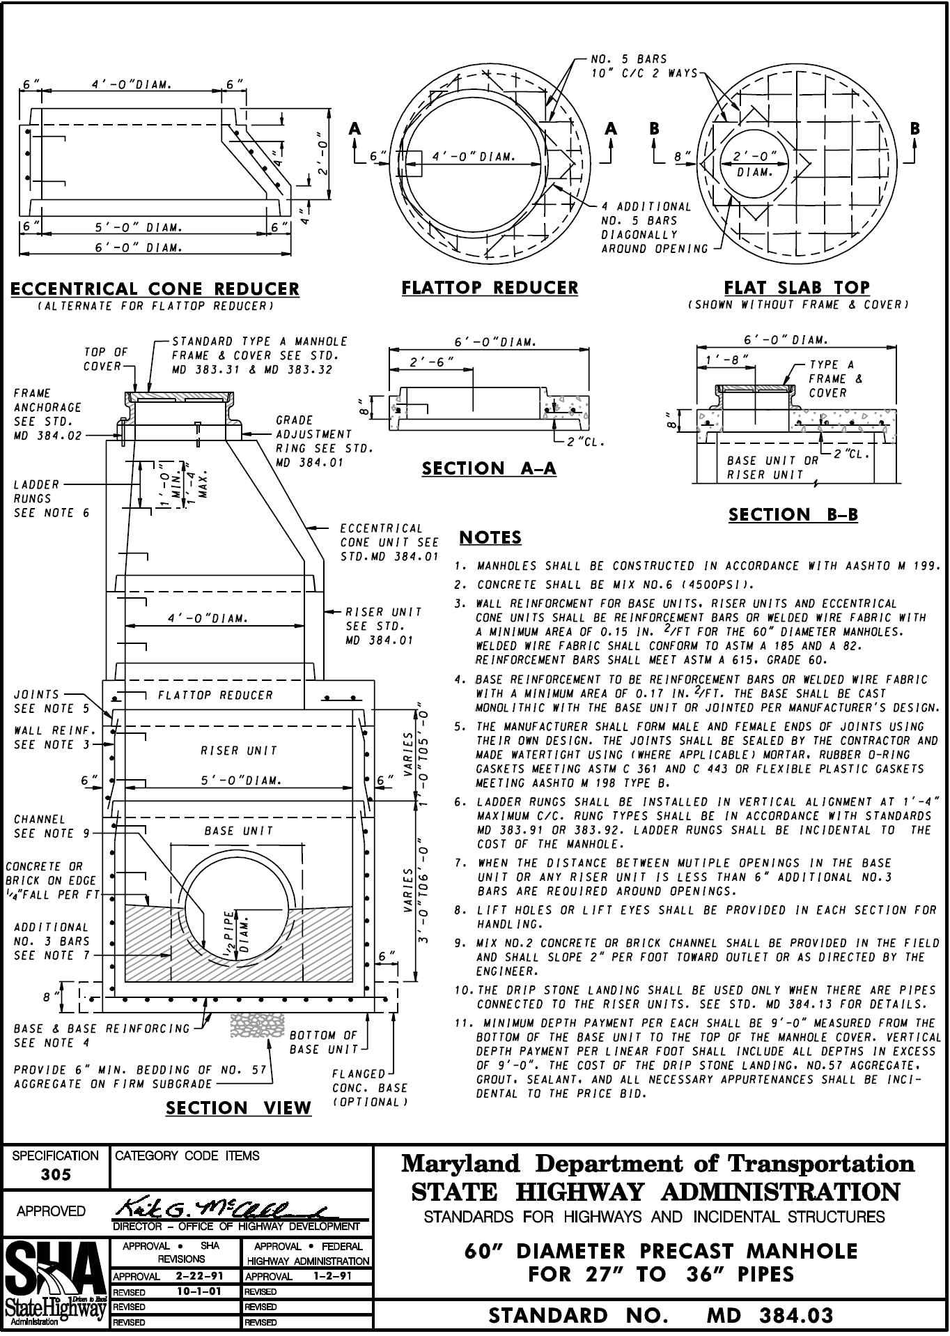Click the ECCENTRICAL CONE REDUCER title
pyautogui.click(x=155, y=289)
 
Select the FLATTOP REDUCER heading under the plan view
pyautogui.click(x=490, y=288)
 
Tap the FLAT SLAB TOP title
pyautogui.click(x=797, y=287)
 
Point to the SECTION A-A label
pyautogui.click(x=489, y=468)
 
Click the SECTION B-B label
pyautogui.click(x=793, y=515)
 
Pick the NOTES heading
pyautogui.click(x=490, y=538)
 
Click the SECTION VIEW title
pyautogui.click(x=238, y=1108)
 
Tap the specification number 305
pyautogui.click(x=56, y=1174)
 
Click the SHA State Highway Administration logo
pyautogui.click(x=56, y=1284)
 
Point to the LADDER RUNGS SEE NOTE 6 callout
pyautogui.click(x=51, y=498)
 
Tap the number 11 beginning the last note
pyautogui.click(x=462, y=1023)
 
